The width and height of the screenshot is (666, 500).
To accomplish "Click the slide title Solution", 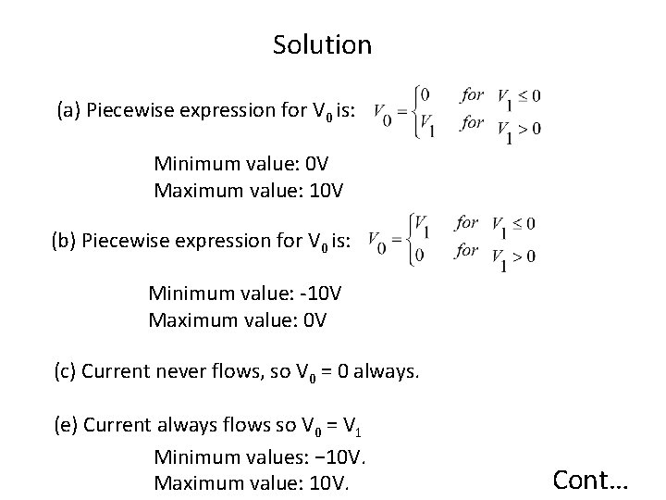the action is (x=322, y=44).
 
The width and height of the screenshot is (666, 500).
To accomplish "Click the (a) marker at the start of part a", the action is (x=68, y=112).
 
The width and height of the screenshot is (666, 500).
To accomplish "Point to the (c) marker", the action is (x=66, y=373).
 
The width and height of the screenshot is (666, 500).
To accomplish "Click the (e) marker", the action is (x=67, y=427).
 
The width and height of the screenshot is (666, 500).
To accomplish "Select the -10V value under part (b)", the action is (x=321, y=294).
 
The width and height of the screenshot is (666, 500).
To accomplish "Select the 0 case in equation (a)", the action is (x=424, y=94).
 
